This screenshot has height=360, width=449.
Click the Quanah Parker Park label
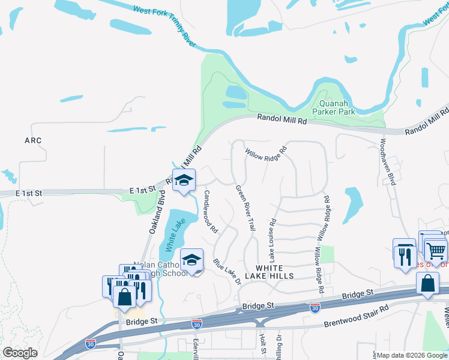[334, 107]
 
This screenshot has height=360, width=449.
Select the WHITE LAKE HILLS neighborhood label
[275, 271]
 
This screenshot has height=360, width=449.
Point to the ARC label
[33, 140]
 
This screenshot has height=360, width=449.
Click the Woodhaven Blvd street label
[387, 162]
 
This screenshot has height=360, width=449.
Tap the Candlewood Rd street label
[210, 211]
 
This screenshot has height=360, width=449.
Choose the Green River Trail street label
[246, 208]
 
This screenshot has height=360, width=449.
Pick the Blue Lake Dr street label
[226, 272]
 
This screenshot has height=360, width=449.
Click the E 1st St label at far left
[28, 193]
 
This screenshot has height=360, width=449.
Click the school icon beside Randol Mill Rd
[184, 179]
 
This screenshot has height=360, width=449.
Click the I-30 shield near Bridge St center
[315, 308]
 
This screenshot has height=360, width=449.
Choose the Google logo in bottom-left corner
[20, 353]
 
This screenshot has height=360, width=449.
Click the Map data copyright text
[412, 355]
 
